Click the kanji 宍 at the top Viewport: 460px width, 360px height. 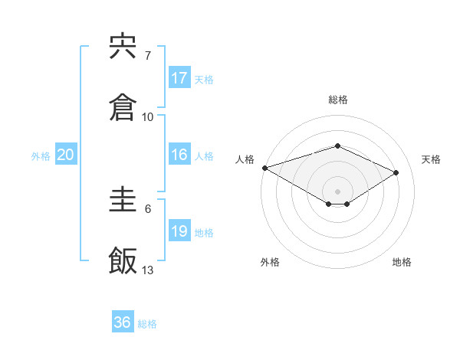pos(123,47)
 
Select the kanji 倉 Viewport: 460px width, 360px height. pos(123,108)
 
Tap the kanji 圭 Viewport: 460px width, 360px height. pos(123,201)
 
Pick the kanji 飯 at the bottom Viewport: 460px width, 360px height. pos(123,261)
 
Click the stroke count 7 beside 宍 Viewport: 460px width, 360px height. pos(147,56)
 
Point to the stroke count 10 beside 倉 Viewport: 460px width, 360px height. pos(148,117)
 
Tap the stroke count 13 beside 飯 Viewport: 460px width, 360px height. pos(148,270)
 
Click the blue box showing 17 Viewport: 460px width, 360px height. pos(179,78)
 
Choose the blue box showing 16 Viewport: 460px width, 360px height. pos(179,155)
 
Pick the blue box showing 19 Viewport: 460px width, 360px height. pos(179,231)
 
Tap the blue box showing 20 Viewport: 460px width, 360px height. pos(66,155)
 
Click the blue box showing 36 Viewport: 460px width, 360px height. pos(123,322)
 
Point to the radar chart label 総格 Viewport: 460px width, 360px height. pos(337,100)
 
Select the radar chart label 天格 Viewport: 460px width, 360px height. pos(431,159)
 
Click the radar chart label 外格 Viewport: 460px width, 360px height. pos(270,262)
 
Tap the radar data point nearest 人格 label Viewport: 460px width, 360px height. pos(264,168)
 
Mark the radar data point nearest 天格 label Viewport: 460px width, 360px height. pos(396,172)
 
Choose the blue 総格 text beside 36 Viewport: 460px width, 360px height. pos(147,324)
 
